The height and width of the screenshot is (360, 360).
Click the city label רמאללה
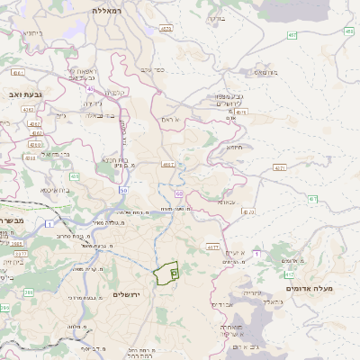113,10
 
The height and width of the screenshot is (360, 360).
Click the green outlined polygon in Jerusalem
166,274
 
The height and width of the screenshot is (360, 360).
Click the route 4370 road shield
248,212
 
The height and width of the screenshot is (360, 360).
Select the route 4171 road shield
281,167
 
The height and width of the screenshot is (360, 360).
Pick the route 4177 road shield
213,246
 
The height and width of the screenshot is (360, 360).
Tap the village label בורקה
217,18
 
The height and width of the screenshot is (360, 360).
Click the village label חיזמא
235,147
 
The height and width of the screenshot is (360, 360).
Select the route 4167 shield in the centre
167,165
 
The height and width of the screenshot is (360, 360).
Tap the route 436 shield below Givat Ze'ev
75,176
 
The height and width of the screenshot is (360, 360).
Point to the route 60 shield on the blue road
179,193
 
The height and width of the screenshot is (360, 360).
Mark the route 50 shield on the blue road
123,191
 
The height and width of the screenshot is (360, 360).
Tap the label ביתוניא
32,33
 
